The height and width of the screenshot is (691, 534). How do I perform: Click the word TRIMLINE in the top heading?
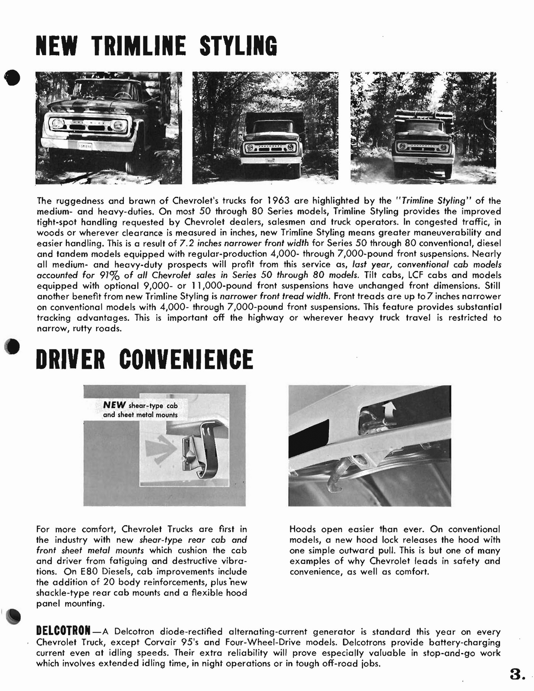pyautogui.click(x=139, y=46)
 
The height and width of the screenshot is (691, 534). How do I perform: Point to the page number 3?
pyautogui.click(x=516, y=674)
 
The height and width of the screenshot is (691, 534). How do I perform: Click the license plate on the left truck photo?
pyautogui.click(x=85, y=146)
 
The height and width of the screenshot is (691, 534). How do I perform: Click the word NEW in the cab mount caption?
pyautogui.click(x=114, y=405)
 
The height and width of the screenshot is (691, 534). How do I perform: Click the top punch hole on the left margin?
pyautogui.click(x=13, y=77)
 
